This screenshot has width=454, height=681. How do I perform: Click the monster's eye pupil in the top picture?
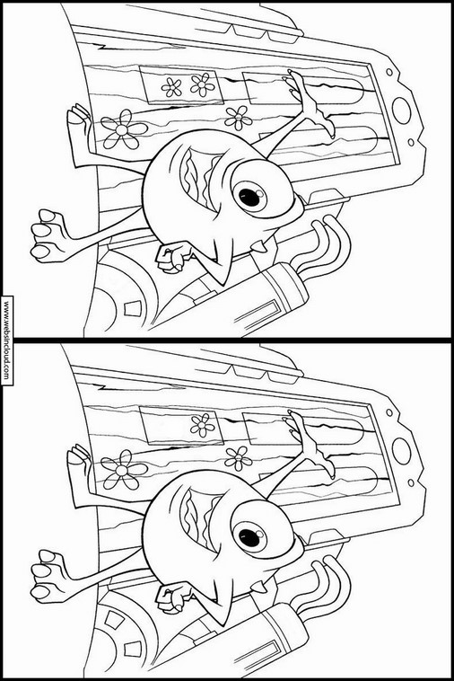(x=250, y=197)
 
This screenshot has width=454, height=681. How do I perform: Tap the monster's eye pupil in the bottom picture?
(x=250, y=537)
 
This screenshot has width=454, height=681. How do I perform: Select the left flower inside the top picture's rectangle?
(x=171, y=87)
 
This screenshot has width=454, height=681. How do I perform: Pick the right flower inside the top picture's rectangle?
(x=202, y=84)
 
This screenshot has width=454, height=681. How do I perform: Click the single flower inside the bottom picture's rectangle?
(x=202, y=425)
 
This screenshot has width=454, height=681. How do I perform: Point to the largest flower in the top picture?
(x=124, y=129)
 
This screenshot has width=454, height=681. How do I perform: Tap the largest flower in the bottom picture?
(x=124, y=470)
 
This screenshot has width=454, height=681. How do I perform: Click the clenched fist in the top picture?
(x=173, y=257)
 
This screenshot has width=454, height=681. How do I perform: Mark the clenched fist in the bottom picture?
(x=173, y=597)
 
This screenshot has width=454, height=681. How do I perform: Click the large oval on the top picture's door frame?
(x=401, y=111)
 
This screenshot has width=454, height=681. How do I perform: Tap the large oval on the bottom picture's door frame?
(x=401, y=452)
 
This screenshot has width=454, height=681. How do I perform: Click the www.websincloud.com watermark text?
(x=6, y=340)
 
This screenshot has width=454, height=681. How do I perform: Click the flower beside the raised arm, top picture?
(x=238, y=118)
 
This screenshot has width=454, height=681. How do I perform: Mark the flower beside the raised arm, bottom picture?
(x=238, y=458)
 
